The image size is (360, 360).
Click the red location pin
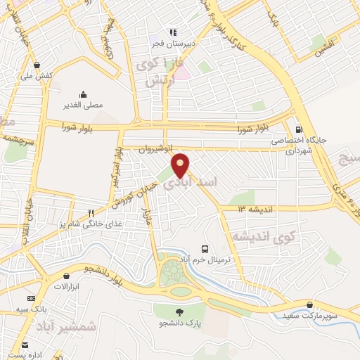181,165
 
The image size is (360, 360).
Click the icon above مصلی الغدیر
84,94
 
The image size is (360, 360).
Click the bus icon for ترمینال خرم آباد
205,249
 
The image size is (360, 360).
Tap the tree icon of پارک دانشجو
180,311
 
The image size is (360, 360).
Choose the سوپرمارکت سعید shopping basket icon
309,304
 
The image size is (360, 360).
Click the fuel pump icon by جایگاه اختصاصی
300,129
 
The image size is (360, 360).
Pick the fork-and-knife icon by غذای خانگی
91,214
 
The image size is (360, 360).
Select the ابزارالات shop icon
65,276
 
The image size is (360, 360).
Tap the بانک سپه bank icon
31,298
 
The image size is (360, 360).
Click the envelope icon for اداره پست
25,345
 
